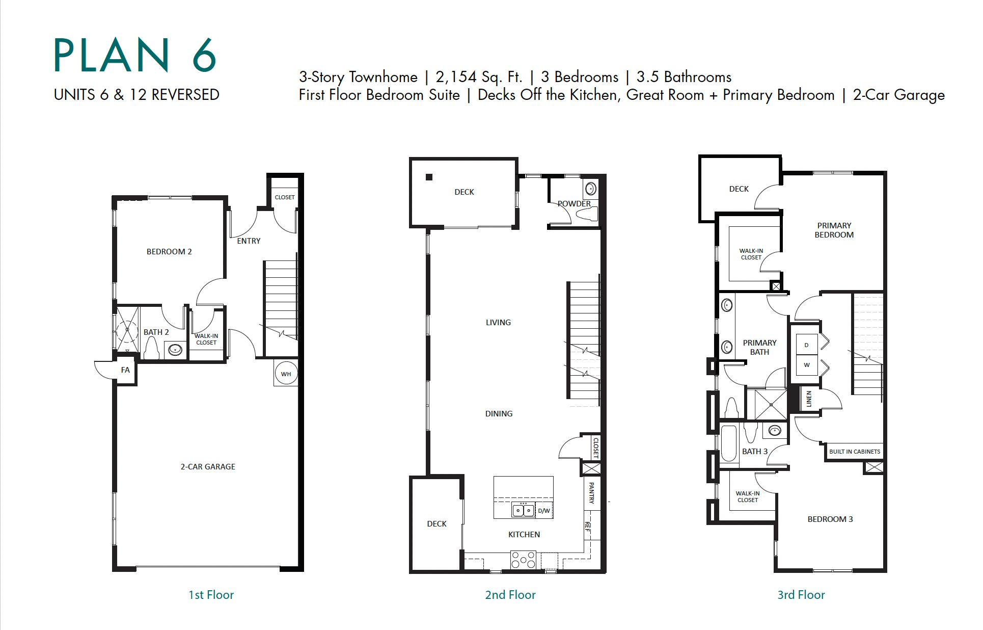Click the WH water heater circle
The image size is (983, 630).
[x=286, y=374]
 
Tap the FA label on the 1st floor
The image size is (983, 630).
[x=125, y=370]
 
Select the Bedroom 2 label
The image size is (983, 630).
[x=169, y=252]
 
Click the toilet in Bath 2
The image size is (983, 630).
[x=152, y=348]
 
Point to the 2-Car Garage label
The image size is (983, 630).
[x=208, y=467]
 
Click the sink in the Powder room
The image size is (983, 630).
[x=590, y=189]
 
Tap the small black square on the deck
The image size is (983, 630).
[x=429, y=177]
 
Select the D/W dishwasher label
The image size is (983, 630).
[x=544, y=511]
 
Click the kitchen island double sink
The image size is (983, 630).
[x=524, y=510]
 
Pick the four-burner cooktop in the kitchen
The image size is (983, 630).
[x=524, y=560]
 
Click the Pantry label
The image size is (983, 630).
[x=591, y=493]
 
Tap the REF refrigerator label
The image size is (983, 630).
[x=588, y=527]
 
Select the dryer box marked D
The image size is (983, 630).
[x=806, y=345]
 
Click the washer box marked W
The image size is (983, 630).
[x=806, y=365]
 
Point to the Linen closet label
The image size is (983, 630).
[x=809, y=399]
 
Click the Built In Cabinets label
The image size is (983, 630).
[x=854, y=452]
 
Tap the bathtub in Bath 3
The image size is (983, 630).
[x=729, y=443]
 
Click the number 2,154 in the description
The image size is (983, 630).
[x=456, y=77]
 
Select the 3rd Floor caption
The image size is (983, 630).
[x=801, y=595]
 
